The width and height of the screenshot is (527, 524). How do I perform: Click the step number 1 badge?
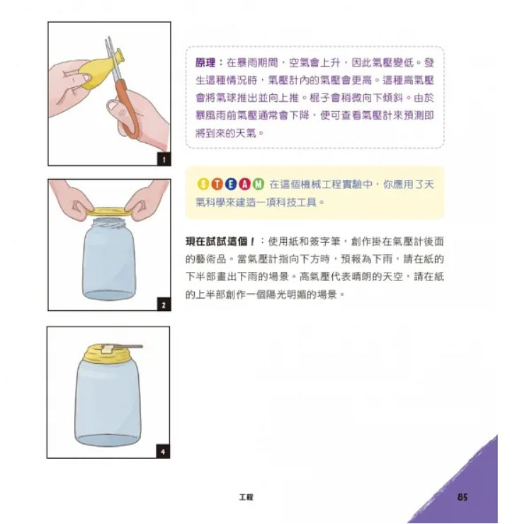[164, 159]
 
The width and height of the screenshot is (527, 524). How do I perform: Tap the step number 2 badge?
[164, 304]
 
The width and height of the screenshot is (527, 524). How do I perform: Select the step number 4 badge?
[163, 452]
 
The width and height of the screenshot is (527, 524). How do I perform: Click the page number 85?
[463, 497]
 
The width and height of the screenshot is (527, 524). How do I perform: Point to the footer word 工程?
[246, 497]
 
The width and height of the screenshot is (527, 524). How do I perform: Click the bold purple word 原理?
[205, 62]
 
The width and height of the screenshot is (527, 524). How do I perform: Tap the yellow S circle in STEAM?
[203, 184]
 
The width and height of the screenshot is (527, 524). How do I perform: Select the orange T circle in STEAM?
[217, 184]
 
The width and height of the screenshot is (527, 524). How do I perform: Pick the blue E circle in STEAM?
[231, 184]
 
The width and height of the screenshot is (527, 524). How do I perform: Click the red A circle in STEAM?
[244, 184]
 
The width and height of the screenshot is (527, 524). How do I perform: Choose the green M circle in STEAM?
[259, 184]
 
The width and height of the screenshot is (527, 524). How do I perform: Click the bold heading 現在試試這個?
[220, 241]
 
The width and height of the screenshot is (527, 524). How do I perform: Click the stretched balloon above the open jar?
[109, 212]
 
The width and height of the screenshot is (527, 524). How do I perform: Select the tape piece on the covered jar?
[108, 348]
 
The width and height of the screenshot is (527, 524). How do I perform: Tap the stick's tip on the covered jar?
[142, 346]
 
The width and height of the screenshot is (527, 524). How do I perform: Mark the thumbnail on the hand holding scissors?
[113, 108]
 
